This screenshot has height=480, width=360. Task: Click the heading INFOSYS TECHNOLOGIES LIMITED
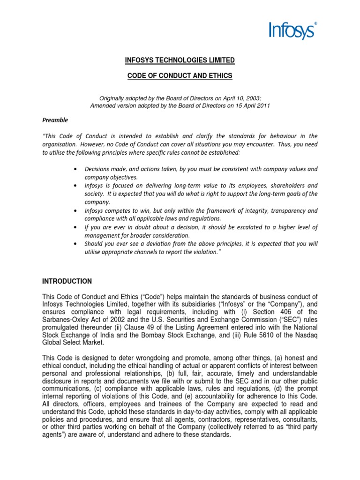(x=180, y=60)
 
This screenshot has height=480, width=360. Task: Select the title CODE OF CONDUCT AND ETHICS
(x=180, y=76)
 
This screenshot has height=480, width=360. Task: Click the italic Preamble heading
(x=55, y=120)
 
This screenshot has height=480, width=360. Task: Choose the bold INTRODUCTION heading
(x=67, y=282)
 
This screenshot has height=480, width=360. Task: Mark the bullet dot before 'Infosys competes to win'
(x=76, y=211)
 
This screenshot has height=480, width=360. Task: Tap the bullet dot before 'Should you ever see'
(x=76, y=244)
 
